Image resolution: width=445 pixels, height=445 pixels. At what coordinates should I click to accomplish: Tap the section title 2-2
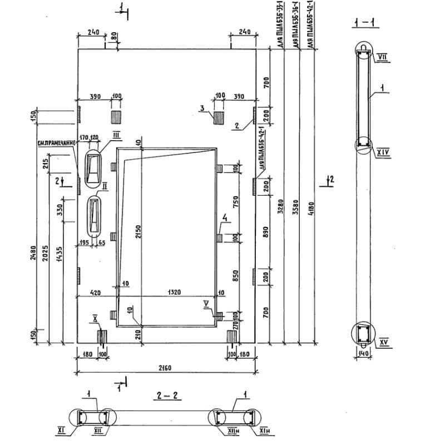coord(165,396)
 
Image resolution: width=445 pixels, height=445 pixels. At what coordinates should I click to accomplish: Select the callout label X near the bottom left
coord(95,319)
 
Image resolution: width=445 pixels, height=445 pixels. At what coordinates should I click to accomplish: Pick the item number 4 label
coord(225,217)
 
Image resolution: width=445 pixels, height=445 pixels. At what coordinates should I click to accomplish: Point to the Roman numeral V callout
coord(206,303)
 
